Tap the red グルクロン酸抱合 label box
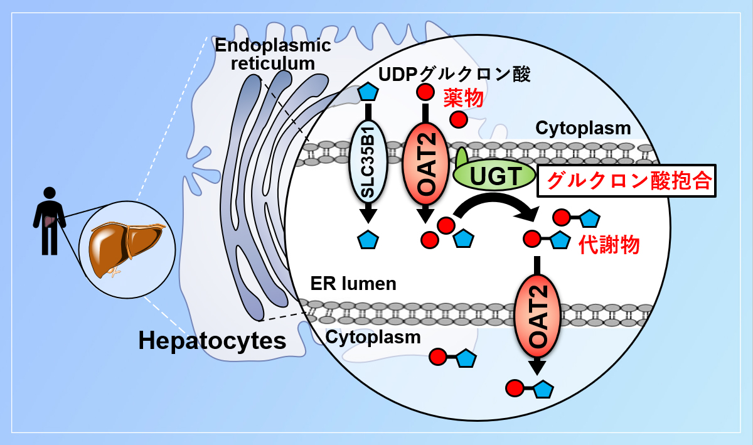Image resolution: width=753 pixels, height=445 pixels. pyautogui.click(x=627, y=181)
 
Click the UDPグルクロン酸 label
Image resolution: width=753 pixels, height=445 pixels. pyautogui.click(x=455, y=75)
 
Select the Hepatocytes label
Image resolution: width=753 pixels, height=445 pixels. pyautogui.click(x=212, y=341)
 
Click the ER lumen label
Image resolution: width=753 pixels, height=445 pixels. pyautogui.click(x=353, y=283)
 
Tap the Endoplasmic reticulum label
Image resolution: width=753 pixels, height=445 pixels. pyautogui.click(x=272, y=54)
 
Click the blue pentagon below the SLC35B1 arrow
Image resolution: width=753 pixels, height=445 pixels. pyautogui.click(x=368, y=240)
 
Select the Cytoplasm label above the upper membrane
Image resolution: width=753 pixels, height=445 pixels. pyautogui.click(x=583, y=129)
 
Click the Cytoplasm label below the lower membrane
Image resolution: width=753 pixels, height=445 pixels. pyautogui.click(x=373, y=336)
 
